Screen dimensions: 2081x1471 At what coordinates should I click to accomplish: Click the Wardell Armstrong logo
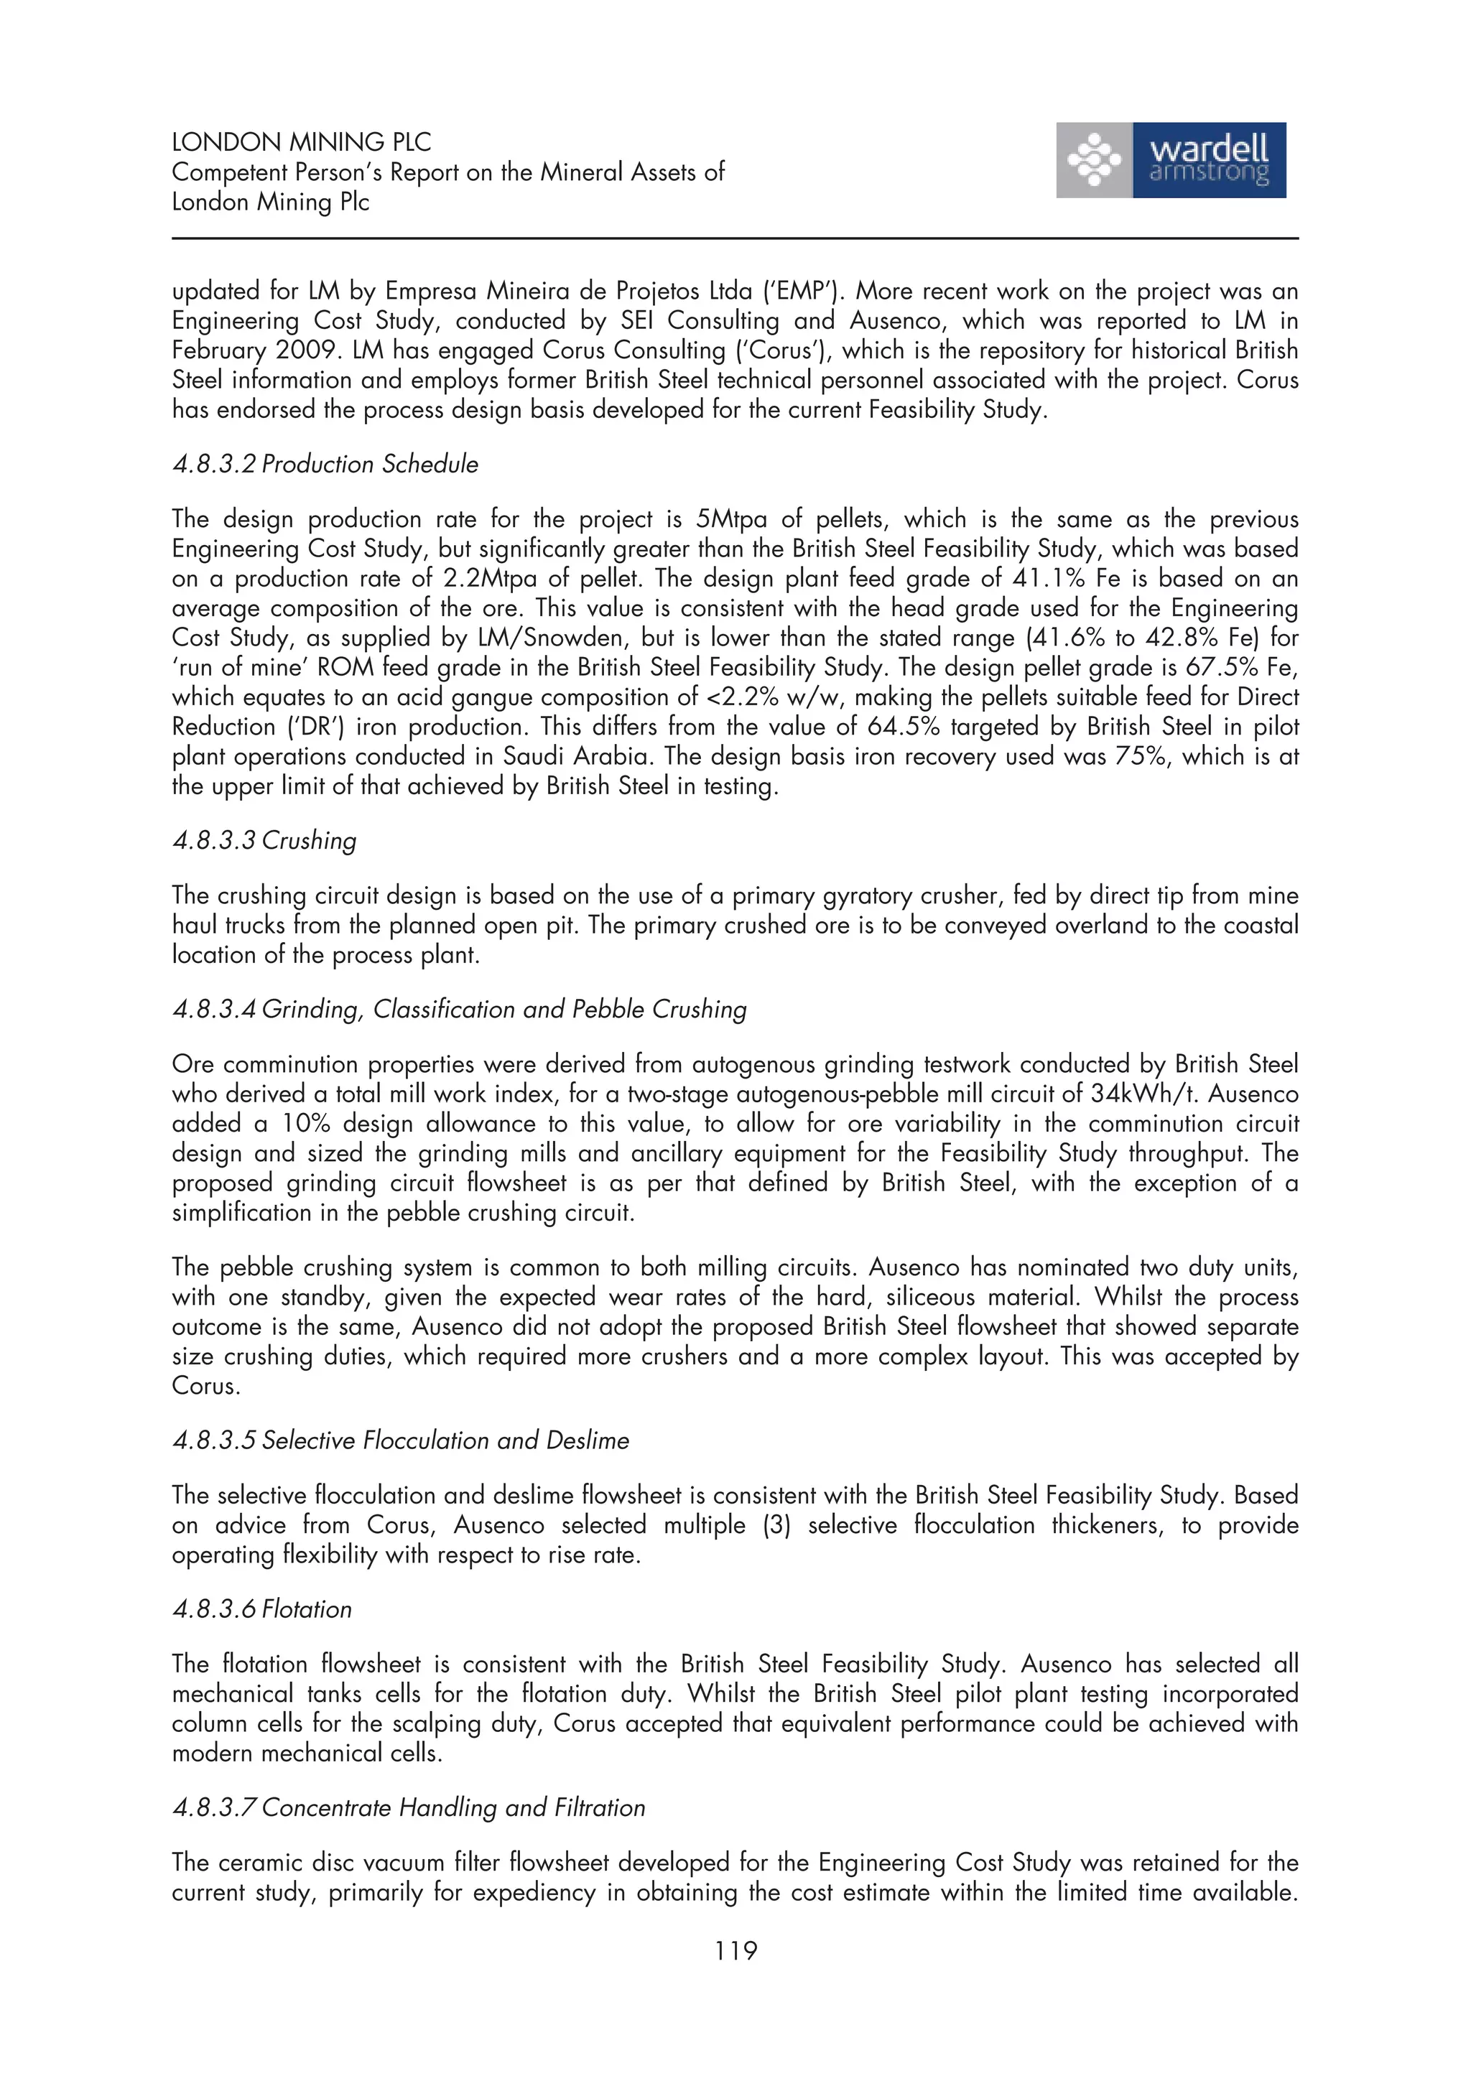coord(1170,160)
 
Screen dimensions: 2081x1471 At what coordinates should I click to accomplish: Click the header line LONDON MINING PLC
coord(301,142)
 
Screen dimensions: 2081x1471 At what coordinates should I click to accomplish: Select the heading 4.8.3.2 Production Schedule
coord(325,464)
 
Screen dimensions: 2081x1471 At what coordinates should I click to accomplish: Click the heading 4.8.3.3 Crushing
coord(264,840)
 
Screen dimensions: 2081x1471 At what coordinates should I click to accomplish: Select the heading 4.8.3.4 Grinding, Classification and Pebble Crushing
coord(459,1009)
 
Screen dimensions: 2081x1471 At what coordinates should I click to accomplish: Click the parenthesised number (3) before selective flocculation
coord(776,1525)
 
